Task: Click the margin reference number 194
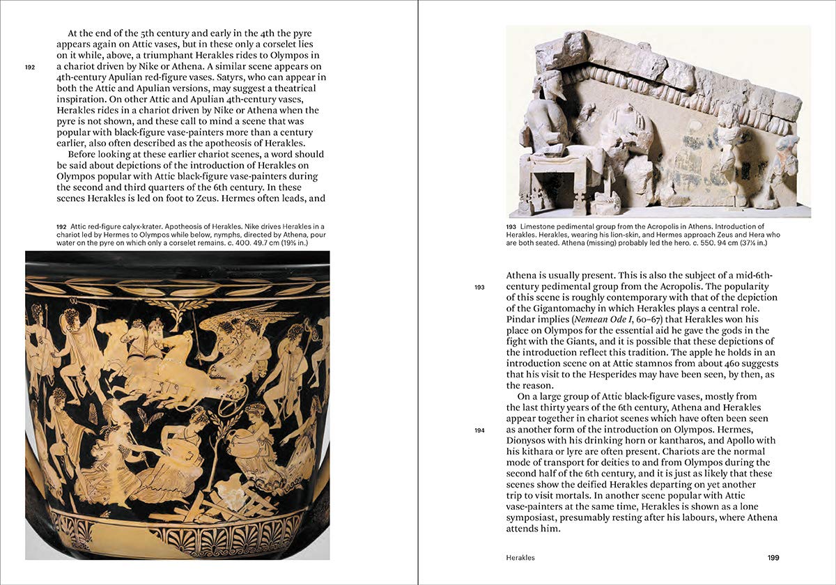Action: tap(479, 430)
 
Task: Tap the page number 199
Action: tap(773, 558)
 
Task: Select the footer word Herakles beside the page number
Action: tap(521, 558)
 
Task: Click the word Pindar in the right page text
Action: tap(521, 319)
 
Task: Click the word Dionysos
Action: tap(531, 441)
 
